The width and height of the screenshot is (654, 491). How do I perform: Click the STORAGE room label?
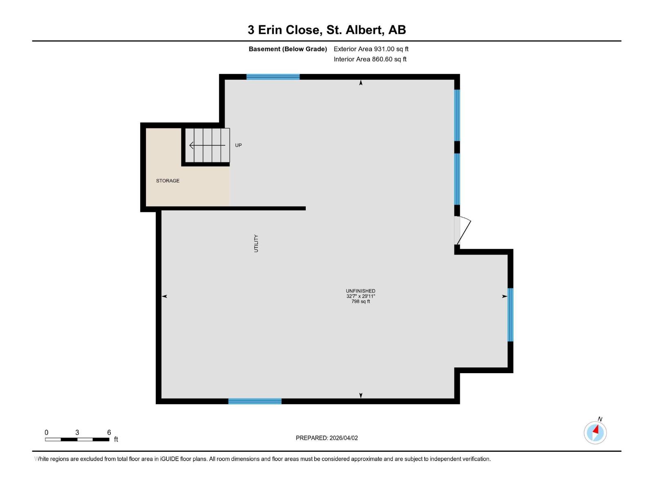point(168,181)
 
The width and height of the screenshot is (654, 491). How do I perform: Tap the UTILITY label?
point(256,243)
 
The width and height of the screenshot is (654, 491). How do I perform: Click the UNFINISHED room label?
point(361,291)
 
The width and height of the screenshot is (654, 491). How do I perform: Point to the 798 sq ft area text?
point(361,302)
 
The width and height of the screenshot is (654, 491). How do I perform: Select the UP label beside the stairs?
point(238,145)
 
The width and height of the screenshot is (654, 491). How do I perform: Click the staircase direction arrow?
point(207,145)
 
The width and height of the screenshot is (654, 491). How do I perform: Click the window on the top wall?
point(273,77)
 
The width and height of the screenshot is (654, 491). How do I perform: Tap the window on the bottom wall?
point(255,401)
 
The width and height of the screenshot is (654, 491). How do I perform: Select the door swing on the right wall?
point(463,230)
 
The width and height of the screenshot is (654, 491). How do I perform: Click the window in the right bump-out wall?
point(510,315)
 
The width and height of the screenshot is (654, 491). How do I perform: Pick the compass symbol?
point(595,432)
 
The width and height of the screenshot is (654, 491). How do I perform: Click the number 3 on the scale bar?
point(77,432)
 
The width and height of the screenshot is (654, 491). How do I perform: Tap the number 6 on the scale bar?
point(109,432)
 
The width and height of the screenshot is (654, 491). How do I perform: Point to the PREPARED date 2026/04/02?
point(327,438)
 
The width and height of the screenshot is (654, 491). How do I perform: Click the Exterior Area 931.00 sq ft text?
point(371,49)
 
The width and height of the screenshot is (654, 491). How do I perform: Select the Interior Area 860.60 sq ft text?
point(370,59)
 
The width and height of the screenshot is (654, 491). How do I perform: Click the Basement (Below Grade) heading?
point(288,49)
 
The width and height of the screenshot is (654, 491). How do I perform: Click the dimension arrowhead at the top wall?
point(361,83)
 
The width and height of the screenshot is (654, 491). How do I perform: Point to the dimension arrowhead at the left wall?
point(165,296)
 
